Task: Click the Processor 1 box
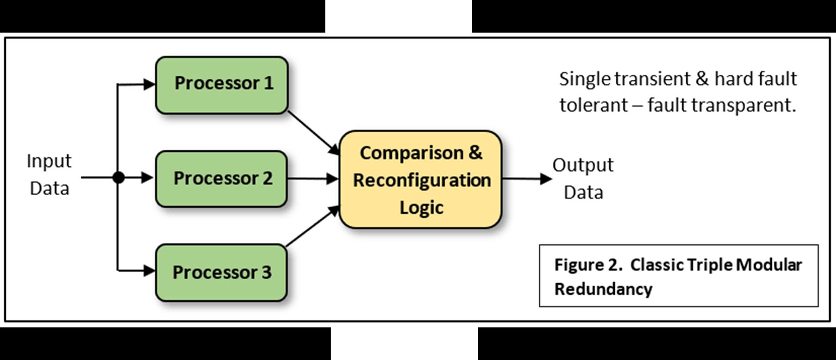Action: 222,85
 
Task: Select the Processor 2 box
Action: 221,179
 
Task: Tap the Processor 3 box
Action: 221,272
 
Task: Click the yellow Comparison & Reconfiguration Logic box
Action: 421,179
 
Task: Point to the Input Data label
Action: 49,174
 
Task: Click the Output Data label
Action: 583,179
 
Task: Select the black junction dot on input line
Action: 118,178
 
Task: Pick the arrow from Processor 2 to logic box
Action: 313,179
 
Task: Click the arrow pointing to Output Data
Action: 527,179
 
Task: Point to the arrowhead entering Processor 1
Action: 149,85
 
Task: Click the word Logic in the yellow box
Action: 421,207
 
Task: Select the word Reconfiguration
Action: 422,180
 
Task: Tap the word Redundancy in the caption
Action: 603,289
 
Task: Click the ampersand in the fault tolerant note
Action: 702,79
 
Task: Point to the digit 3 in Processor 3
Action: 266,272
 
